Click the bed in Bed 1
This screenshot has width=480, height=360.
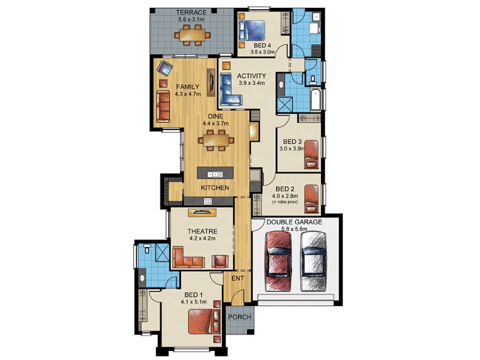202,322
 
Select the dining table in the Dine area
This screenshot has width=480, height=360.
216,141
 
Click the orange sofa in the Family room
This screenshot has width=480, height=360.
163,106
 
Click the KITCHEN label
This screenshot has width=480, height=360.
215,188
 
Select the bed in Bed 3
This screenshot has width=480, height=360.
310,154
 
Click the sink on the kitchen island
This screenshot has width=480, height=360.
215,174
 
